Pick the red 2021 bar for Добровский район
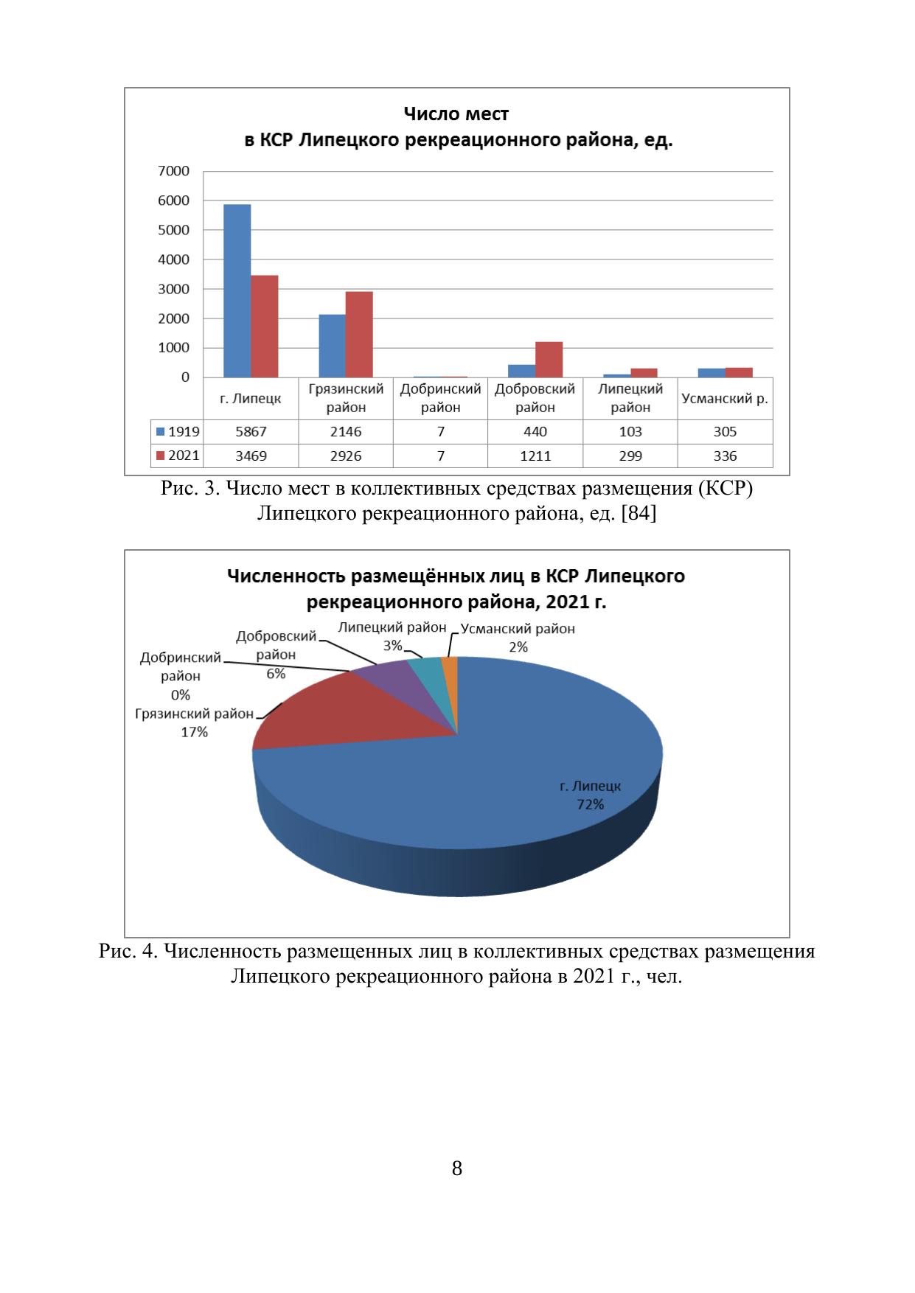549,359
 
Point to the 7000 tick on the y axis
175,171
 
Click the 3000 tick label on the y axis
175,289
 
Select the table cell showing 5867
251,432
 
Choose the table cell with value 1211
535,456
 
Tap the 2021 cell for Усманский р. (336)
725,456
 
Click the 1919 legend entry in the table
178,432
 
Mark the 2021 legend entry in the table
178,456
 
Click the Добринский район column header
440,398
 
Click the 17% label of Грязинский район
195,732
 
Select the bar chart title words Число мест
456,114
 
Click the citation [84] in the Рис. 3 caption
639,513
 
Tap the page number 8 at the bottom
456,1168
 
